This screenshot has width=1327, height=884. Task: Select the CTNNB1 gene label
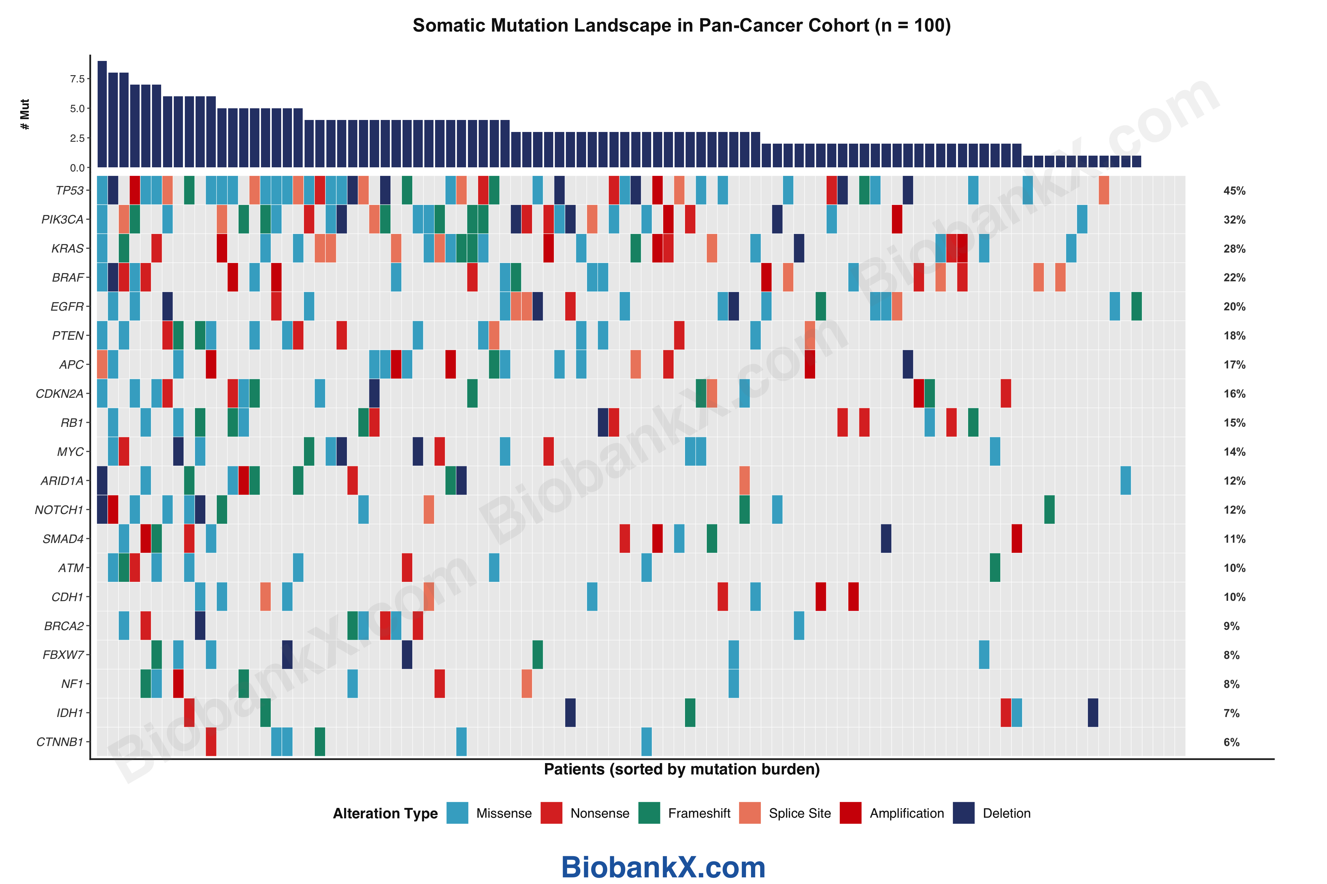click(x=60, y=742)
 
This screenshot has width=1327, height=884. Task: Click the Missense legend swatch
click(x=457, y=813)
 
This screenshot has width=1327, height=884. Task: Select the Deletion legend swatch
click(x=964, y=813)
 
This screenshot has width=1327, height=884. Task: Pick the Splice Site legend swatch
click(x=750, y=813)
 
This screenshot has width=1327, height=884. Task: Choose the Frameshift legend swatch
click(x=649, y=813)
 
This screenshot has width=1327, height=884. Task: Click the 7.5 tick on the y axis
click(x=77, y=79)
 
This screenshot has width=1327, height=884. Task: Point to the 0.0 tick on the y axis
click(x=77, y=167)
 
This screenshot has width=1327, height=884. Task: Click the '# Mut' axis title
click(x=25, y=114)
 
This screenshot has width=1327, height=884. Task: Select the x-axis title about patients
click(x=682, y=770)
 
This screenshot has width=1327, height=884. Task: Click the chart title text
click(x=682, y=25)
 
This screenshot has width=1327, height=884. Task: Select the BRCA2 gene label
click(x=64, y=626)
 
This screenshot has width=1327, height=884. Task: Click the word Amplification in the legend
click(x=907, y=813)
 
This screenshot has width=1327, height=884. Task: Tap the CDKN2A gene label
click(x=59, y=393)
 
